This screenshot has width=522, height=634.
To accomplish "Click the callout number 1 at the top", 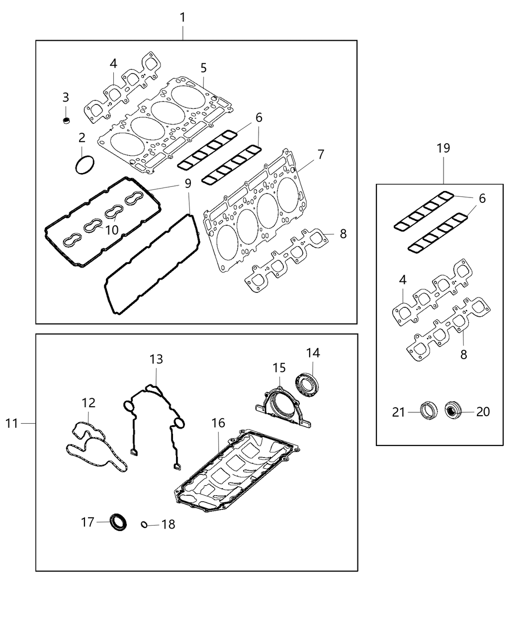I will pyautogui.click(x=182, y=18).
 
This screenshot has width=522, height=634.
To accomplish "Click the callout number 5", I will pyautogui.click(x=203, y=68).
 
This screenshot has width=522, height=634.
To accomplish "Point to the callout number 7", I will pyautogui.click(x=321, y=154).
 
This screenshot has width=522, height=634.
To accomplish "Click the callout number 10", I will pyautogui.click(x=111, y=230).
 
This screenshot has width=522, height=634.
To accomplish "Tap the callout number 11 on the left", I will pyautogui.click(x=12, y=423).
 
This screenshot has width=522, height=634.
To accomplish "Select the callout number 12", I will pyautogui.click(x=88, y=403).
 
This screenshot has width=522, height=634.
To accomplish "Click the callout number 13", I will pyautogui.click(x=156, y=359).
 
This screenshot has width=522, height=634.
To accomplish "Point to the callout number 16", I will pyautogui.click(x=218, y=423).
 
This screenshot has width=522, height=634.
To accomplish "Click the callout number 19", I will pyautogui.click(x=443, y=148).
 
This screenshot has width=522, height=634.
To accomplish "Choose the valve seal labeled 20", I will pyautogui.click(x=453, y=410).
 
